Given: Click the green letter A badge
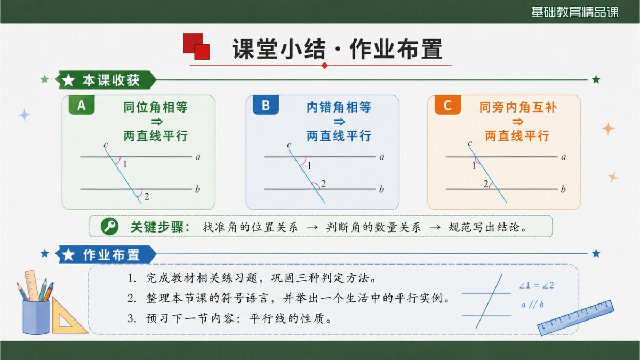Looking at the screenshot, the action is coord(82,105).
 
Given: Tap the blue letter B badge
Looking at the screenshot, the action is coord(266,105).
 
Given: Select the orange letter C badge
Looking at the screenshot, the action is coord(447,105).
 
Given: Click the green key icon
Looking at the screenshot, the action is coord(109,227).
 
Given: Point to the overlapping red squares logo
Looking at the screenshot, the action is coord(196,46).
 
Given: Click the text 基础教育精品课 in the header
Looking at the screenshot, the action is coord(574,12).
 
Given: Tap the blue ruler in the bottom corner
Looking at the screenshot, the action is coord(575,317).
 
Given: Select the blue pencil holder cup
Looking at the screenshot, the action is coord(36,317).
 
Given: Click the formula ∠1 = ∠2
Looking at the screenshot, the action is coord(537,285).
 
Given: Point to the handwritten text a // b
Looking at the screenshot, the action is coord(532,305).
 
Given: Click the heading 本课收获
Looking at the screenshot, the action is coord(111,81).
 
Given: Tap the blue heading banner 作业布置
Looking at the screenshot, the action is coord(106,254).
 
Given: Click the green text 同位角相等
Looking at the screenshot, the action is coord(155,107).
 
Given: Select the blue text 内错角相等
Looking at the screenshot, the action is coord(339,107).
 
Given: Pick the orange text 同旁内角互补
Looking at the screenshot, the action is coord(518,107).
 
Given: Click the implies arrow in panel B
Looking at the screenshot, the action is coord(339,122).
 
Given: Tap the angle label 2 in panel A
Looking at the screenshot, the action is coord(147,197).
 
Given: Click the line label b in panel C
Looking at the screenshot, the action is coord(563,189).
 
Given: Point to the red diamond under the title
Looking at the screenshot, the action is coord(325,66).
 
